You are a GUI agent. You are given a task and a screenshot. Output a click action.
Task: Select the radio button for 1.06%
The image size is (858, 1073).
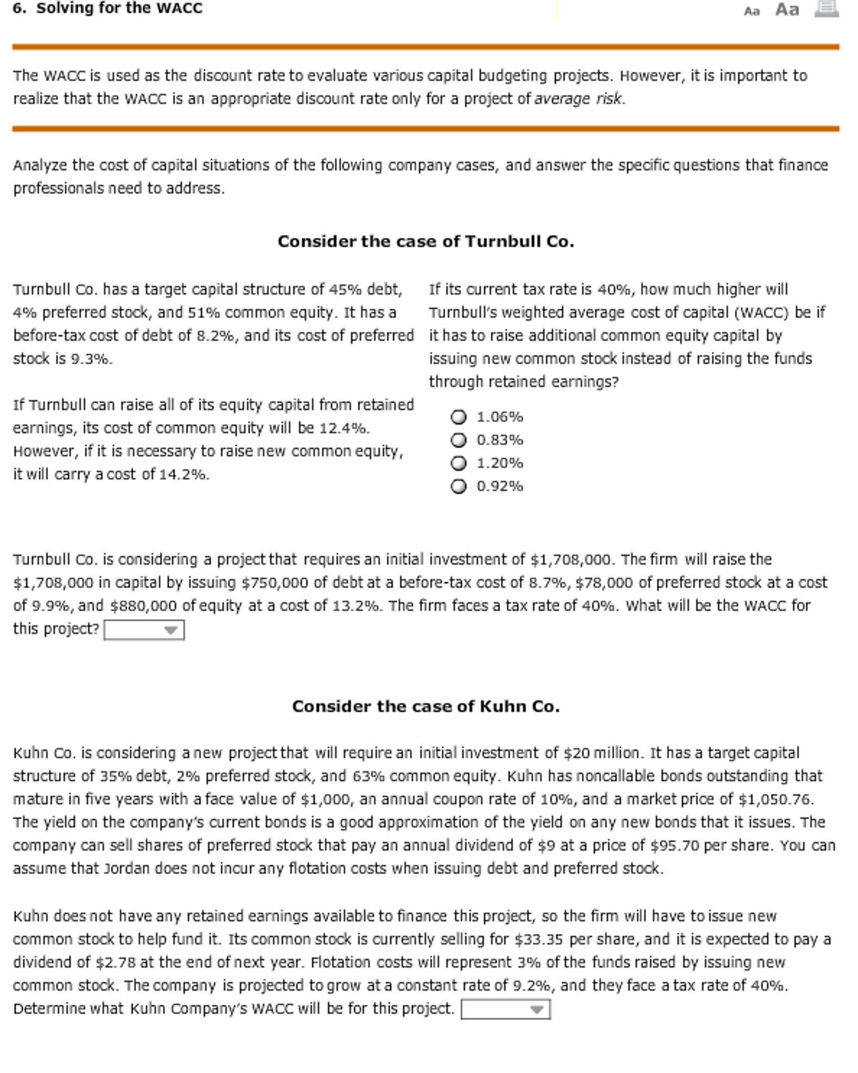(x=458, y=417)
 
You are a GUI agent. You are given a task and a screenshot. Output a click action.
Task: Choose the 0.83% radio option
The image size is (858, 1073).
(x=458, y=440)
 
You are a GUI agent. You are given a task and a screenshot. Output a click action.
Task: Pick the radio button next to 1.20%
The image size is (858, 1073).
(x=458, y=463)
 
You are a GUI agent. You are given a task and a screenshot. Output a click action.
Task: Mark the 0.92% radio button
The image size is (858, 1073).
(x=458, y=486)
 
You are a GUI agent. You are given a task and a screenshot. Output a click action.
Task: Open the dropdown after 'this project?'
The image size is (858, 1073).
(x=144, y=630)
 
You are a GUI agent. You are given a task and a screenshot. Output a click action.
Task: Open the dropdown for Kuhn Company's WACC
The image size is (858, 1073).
(x=505, y=1009)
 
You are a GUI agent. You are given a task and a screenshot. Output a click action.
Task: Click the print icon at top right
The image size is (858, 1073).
(x=826, y=9)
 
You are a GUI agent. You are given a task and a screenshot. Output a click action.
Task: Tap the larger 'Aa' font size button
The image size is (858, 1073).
(x=787, y=9)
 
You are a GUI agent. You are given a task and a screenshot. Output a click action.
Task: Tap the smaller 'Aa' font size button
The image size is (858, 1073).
(x=751, y=11)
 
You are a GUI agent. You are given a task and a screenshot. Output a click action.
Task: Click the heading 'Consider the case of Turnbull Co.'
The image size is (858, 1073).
(x=425, y=241)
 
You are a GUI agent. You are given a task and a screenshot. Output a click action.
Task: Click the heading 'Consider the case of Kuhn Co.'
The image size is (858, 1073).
(x=425, y=706)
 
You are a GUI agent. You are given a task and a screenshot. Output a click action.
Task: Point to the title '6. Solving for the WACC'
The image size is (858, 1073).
(x=108, y=8)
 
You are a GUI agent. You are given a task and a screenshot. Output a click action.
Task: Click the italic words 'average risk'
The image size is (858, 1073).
(x=578, y=99)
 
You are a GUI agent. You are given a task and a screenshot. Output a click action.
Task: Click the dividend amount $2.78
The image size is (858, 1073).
(x=115, y=962)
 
